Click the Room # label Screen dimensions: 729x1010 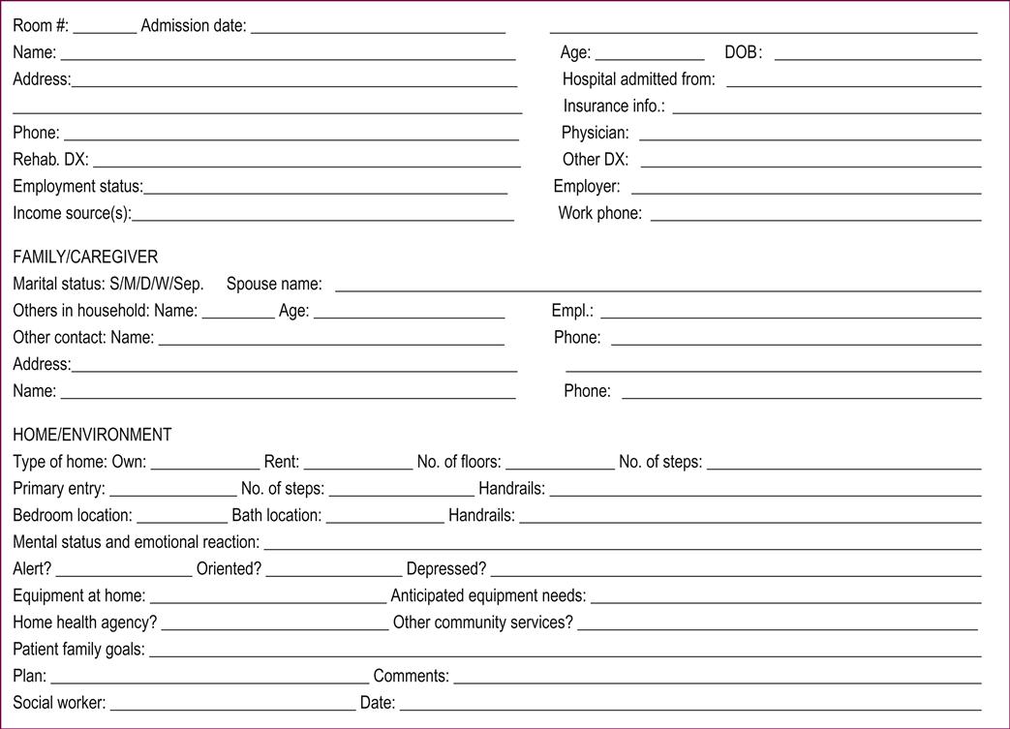coord(41,26)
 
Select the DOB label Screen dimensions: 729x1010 coord(743,53)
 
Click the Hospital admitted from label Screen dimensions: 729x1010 coord(638,79)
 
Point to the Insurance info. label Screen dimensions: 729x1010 coord(614,106)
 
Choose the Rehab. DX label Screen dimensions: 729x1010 coord(50,160)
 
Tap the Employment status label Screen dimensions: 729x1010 coord(77,186)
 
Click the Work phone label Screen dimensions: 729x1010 coord(599,213)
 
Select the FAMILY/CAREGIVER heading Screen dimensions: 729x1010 coord(85,258)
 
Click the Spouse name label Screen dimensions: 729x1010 coord(274,284)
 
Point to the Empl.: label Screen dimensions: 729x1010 coord(572,311)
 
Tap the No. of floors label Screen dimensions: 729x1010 coord(459,462)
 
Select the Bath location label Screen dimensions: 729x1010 coord(276,515)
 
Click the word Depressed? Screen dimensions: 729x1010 coord(446,568)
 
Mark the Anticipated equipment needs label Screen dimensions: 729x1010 coord(488,595)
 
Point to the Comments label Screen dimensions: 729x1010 coord(411,676)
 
